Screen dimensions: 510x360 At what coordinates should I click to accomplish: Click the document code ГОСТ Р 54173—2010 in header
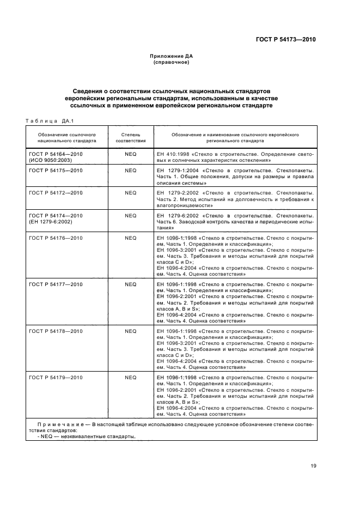click(x=285, y=40)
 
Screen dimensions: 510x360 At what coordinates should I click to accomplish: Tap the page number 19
click(x=313, y=465)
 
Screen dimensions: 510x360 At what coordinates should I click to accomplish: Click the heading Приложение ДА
click(x=171, y=56)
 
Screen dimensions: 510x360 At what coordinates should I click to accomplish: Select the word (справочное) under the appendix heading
click(x=171, y=62)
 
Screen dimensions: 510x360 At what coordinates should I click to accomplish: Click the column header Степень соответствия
click(x=130, y=137)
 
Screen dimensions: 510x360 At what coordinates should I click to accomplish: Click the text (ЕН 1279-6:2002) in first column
click(x=51, y=222)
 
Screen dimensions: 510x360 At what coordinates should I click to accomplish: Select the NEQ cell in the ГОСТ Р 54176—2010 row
click(x=130, y=238)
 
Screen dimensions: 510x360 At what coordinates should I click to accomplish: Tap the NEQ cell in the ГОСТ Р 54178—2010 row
click(x=130, y=331)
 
